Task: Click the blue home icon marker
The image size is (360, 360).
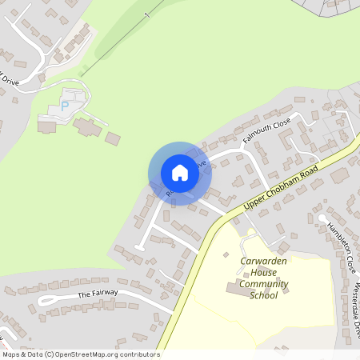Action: point(180,173)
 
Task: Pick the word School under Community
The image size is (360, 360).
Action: point(263,295)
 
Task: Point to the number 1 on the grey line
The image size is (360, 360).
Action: point(146,16)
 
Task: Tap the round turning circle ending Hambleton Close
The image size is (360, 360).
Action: point(322,217)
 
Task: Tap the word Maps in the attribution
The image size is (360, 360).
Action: point(11,354)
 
